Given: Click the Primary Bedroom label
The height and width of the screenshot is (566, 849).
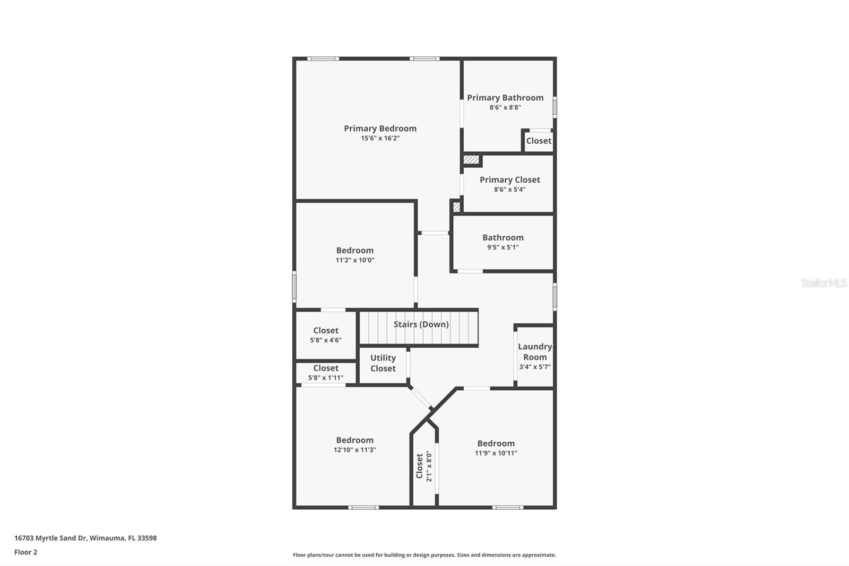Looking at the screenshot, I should click(380, 128).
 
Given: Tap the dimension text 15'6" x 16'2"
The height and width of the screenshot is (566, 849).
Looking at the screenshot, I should click(380, 138).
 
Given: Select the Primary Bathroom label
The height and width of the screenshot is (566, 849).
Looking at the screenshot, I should click(505, 98).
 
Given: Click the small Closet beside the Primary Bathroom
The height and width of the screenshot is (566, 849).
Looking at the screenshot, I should click(539, 141).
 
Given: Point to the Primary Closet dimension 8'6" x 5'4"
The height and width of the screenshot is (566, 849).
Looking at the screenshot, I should click(509, 190).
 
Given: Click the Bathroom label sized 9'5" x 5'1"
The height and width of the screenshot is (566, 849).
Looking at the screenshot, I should click(503, 238).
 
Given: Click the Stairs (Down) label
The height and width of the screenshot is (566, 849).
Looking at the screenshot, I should click(421, 324).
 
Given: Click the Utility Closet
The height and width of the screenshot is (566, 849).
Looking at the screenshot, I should click(383, 363).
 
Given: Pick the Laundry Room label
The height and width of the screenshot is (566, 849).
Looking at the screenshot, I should click(535, 351).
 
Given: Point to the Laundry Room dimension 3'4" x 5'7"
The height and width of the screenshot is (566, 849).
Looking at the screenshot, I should click(535, 367).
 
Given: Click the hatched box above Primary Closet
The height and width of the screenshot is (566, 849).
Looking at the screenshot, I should click(471, 159).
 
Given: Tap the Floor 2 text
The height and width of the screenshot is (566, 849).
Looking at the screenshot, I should click(25, 552).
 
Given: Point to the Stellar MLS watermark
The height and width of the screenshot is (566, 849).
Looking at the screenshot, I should click(824, 283).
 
